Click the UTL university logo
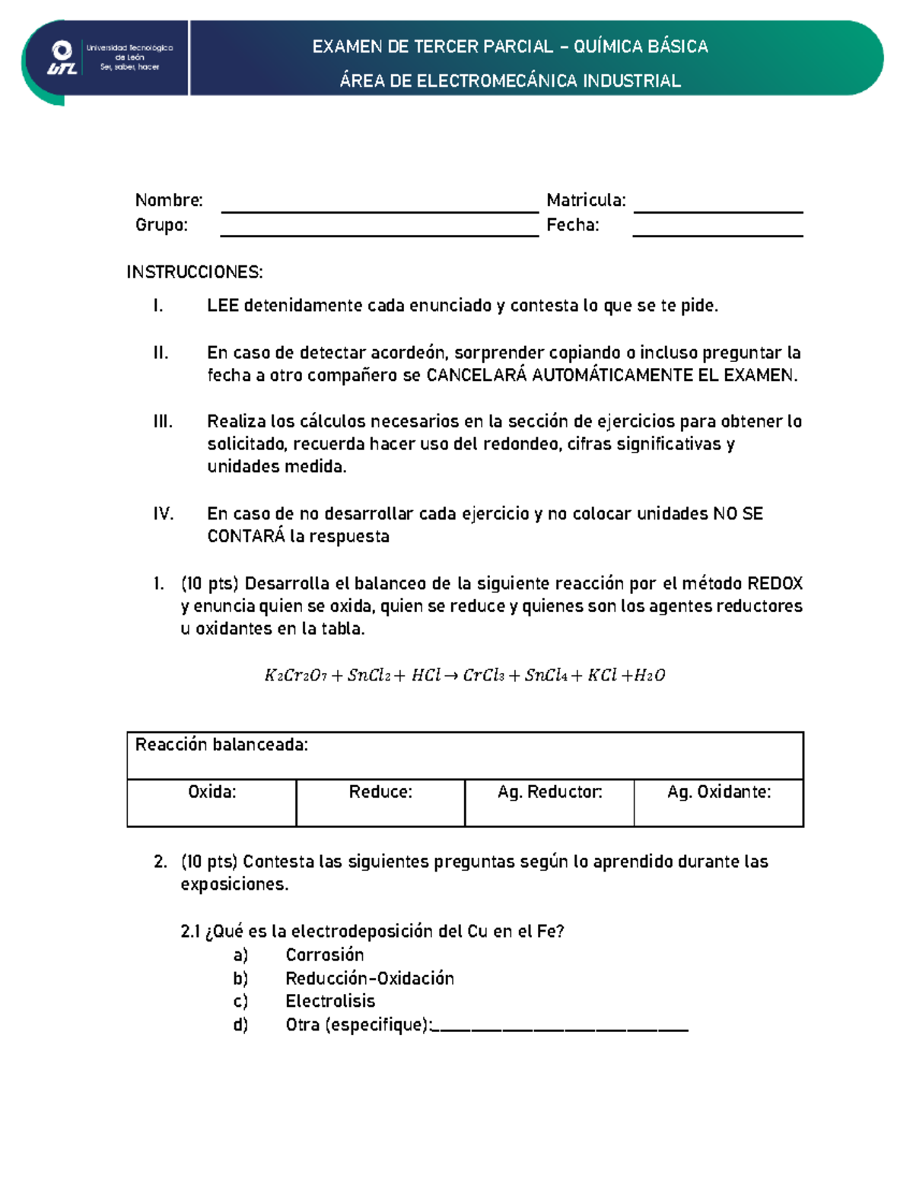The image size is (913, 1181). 62,59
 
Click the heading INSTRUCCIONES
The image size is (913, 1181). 195,272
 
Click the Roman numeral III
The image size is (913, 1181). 163,421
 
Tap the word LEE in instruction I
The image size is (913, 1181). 223,306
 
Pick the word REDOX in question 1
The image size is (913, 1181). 775,583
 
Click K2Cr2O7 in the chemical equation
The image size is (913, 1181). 295,675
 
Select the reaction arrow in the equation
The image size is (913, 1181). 451,675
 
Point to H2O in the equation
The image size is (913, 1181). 650,675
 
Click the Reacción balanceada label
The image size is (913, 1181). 221,744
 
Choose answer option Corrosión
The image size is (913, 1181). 325,955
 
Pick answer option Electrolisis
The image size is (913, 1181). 330,1002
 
